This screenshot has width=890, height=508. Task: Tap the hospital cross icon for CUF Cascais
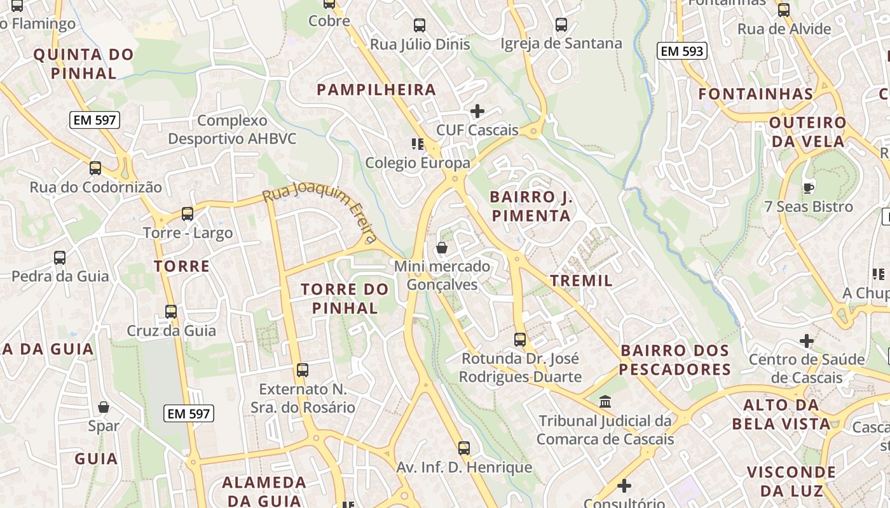coord(477,111)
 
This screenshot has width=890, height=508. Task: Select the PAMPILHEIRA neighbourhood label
coord(376,90)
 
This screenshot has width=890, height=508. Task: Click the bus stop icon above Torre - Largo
coord(187,214)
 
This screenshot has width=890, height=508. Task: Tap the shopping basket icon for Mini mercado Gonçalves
coord(442,247)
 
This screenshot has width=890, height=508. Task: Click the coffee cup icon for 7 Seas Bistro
coord(808,187)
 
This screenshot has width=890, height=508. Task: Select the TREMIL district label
coord(581,281)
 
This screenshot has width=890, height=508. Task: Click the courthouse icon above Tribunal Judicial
coord(605,402)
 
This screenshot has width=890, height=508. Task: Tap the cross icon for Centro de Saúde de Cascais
coord(807,341)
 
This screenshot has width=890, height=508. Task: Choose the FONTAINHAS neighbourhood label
coord(756,94)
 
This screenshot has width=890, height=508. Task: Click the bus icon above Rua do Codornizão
coord(95,168)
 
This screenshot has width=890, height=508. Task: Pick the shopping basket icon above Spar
coord(104,407)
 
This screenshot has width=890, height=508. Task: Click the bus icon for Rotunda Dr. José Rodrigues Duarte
coord(520,340)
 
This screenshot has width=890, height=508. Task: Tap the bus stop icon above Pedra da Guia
coord(60,258)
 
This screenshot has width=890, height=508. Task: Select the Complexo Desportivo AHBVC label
coord(232,129)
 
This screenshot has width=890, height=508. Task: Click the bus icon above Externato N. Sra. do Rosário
coord(303,370)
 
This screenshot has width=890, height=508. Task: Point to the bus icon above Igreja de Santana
coord(561,25)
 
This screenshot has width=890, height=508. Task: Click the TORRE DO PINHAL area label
coord(344,298)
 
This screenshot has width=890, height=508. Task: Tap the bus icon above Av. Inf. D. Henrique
coord(464,448)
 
